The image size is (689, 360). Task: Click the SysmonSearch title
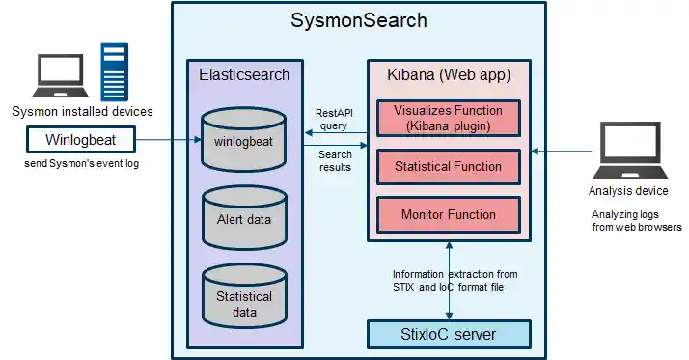pos(359,20)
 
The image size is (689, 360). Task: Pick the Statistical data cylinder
pos(244,300)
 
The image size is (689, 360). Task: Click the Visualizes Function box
pos(449,118)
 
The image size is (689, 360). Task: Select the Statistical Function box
pos(449,167)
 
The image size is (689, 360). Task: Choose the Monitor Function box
pos(449,214)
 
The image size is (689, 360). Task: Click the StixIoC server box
pos(449,334)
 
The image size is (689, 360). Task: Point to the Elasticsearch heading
pos(244,74)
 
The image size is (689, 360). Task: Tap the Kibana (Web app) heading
pos(448,74)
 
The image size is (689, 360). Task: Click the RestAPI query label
pos(335,119)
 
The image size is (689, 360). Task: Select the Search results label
pos(335,160)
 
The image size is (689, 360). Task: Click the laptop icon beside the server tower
pos(64,75)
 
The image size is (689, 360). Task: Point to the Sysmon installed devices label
pos(81,112)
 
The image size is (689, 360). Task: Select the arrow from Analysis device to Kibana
pos(564,151)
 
